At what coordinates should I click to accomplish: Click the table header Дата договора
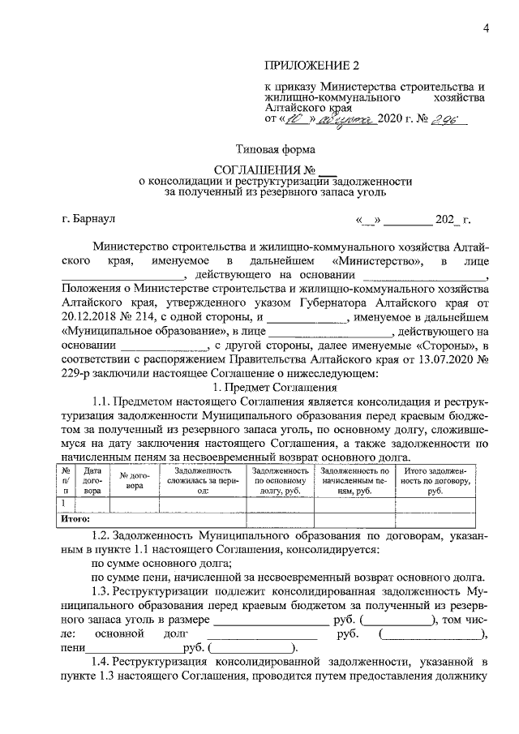coord(93,480)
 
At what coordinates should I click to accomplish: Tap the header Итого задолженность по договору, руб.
coord(434,480)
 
